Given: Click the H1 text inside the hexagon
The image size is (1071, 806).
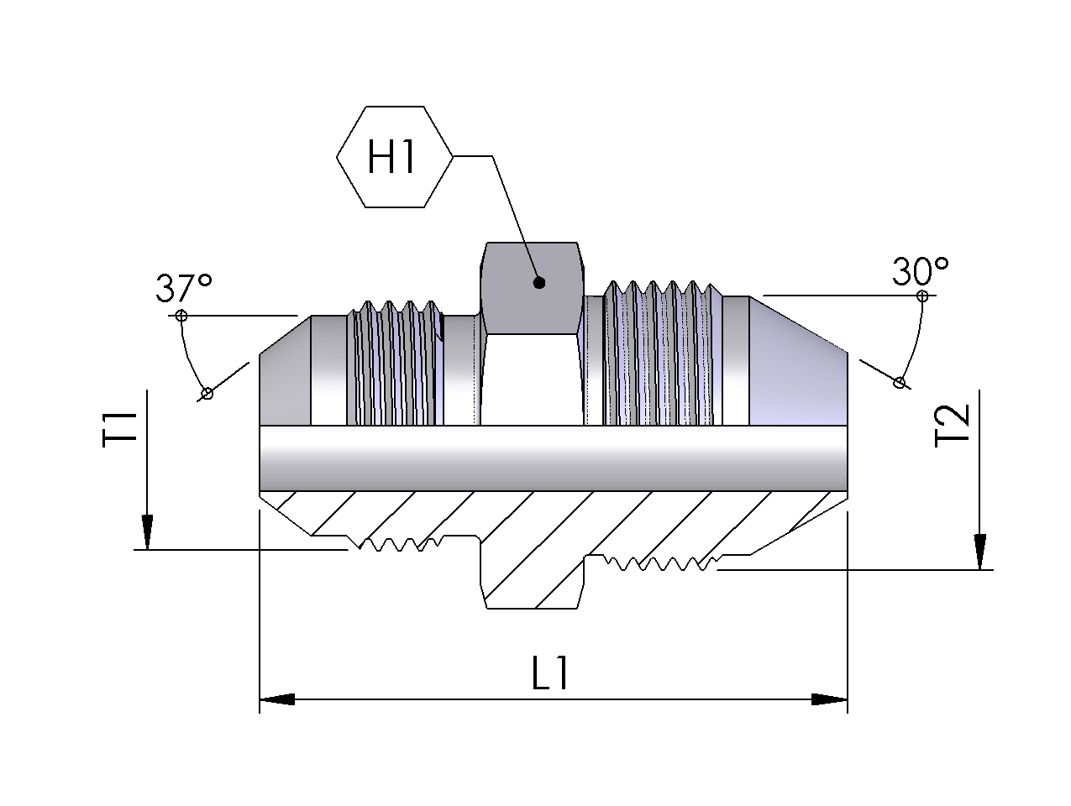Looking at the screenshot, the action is [x=391, y=156].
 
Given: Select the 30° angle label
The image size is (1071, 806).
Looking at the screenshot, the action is [x=921, y=270].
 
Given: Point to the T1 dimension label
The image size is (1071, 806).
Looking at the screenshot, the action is [x=120, y=430].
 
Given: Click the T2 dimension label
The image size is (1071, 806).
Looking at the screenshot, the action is [x=952, y=427].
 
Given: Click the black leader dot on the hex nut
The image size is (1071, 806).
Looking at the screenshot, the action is [x=538, y=283].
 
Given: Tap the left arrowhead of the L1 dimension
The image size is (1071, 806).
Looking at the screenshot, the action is [x=276, y=699].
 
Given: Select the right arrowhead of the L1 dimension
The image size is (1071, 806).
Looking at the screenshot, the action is [x=829, y=699].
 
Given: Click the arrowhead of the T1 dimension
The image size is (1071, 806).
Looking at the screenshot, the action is [x=147, y=532].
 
